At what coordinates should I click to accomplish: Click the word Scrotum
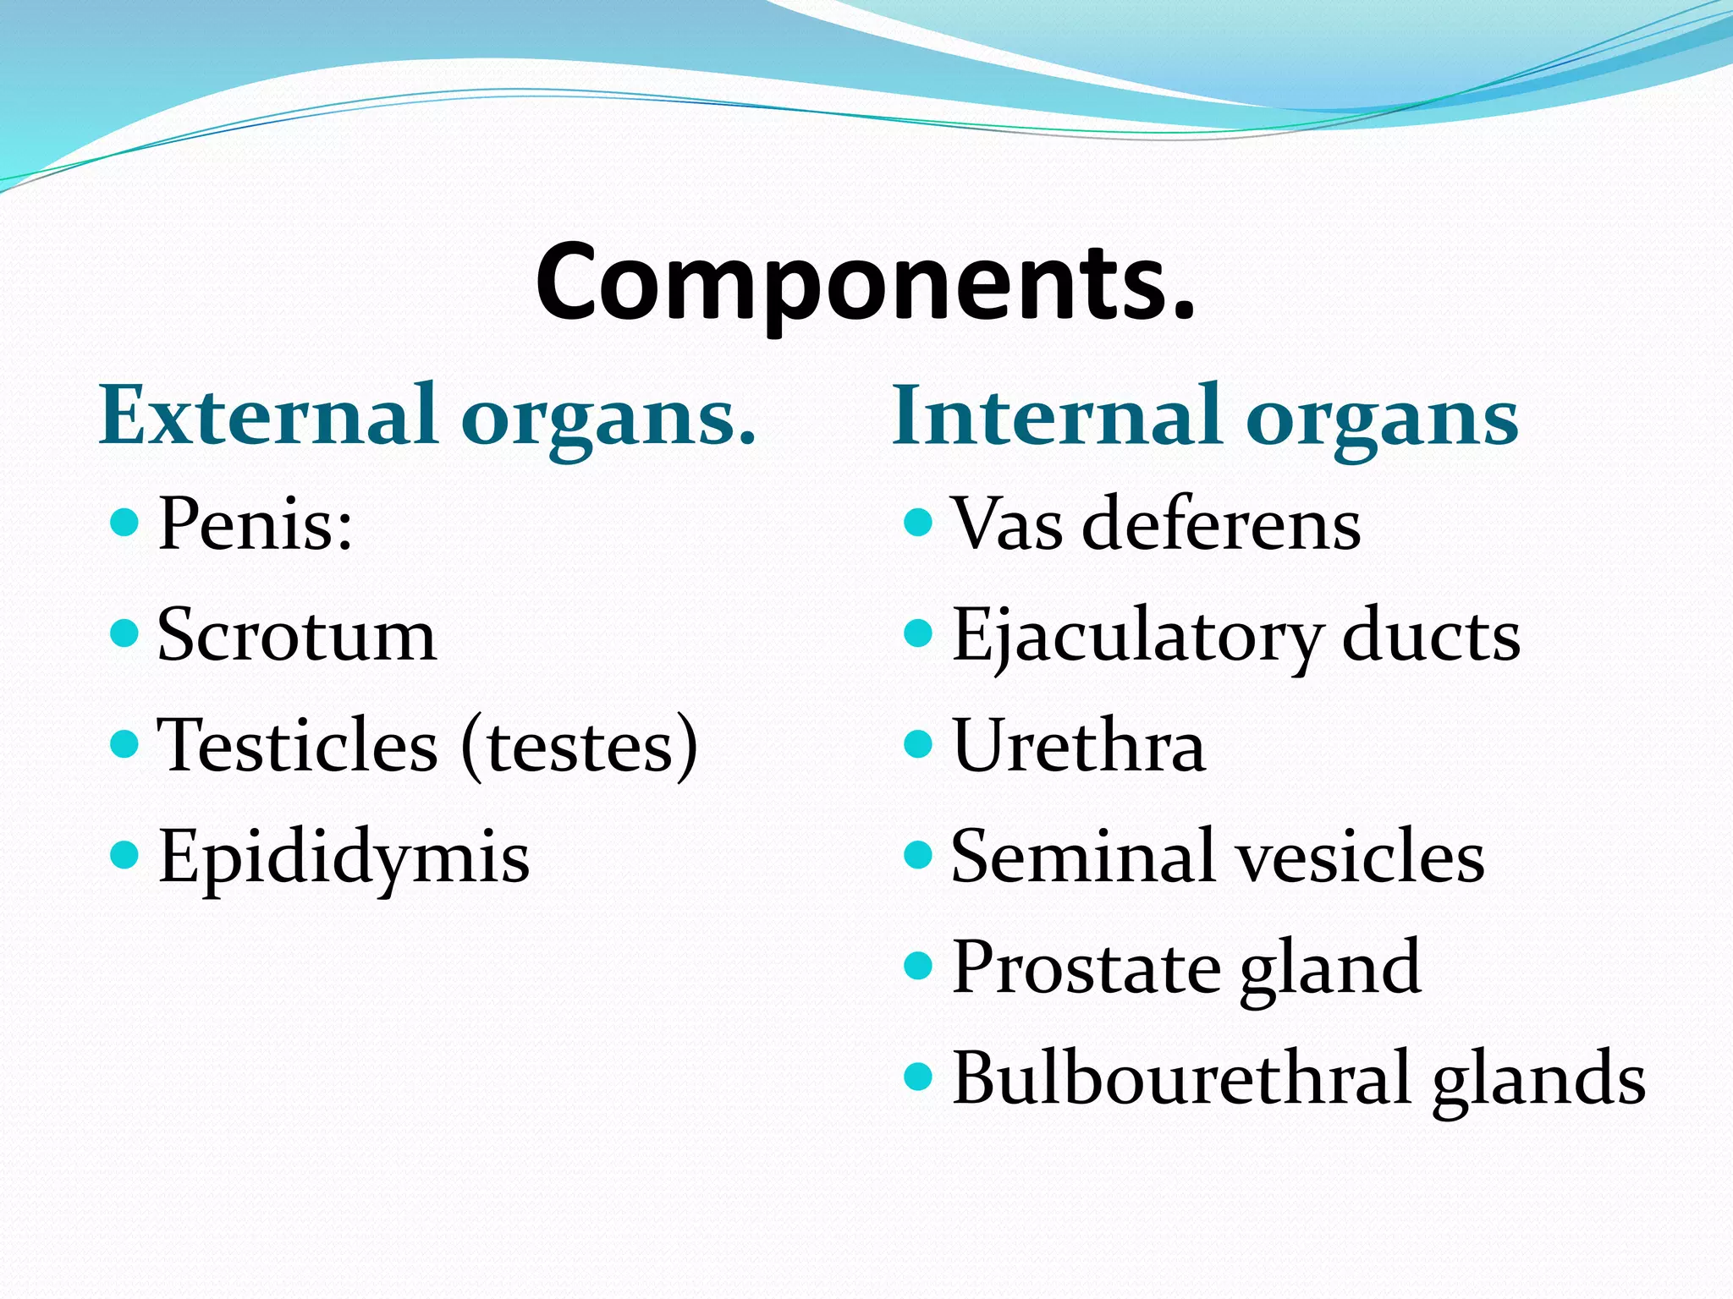click(297, 636)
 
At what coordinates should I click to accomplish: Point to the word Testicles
click(298, 746)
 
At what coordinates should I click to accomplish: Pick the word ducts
click(1431, 636)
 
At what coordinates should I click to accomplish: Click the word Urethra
click(1078, 746)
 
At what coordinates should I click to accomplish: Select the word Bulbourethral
click(1182, 1078)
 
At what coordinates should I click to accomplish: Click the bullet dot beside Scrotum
click(124, 633)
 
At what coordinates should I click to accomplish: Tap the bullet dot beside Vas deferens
click(918, 522)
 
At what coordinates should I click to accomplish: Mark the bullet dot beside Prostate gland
click(918, 965)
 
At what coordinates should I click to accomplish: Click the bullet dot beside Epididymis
click(124, 855)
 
